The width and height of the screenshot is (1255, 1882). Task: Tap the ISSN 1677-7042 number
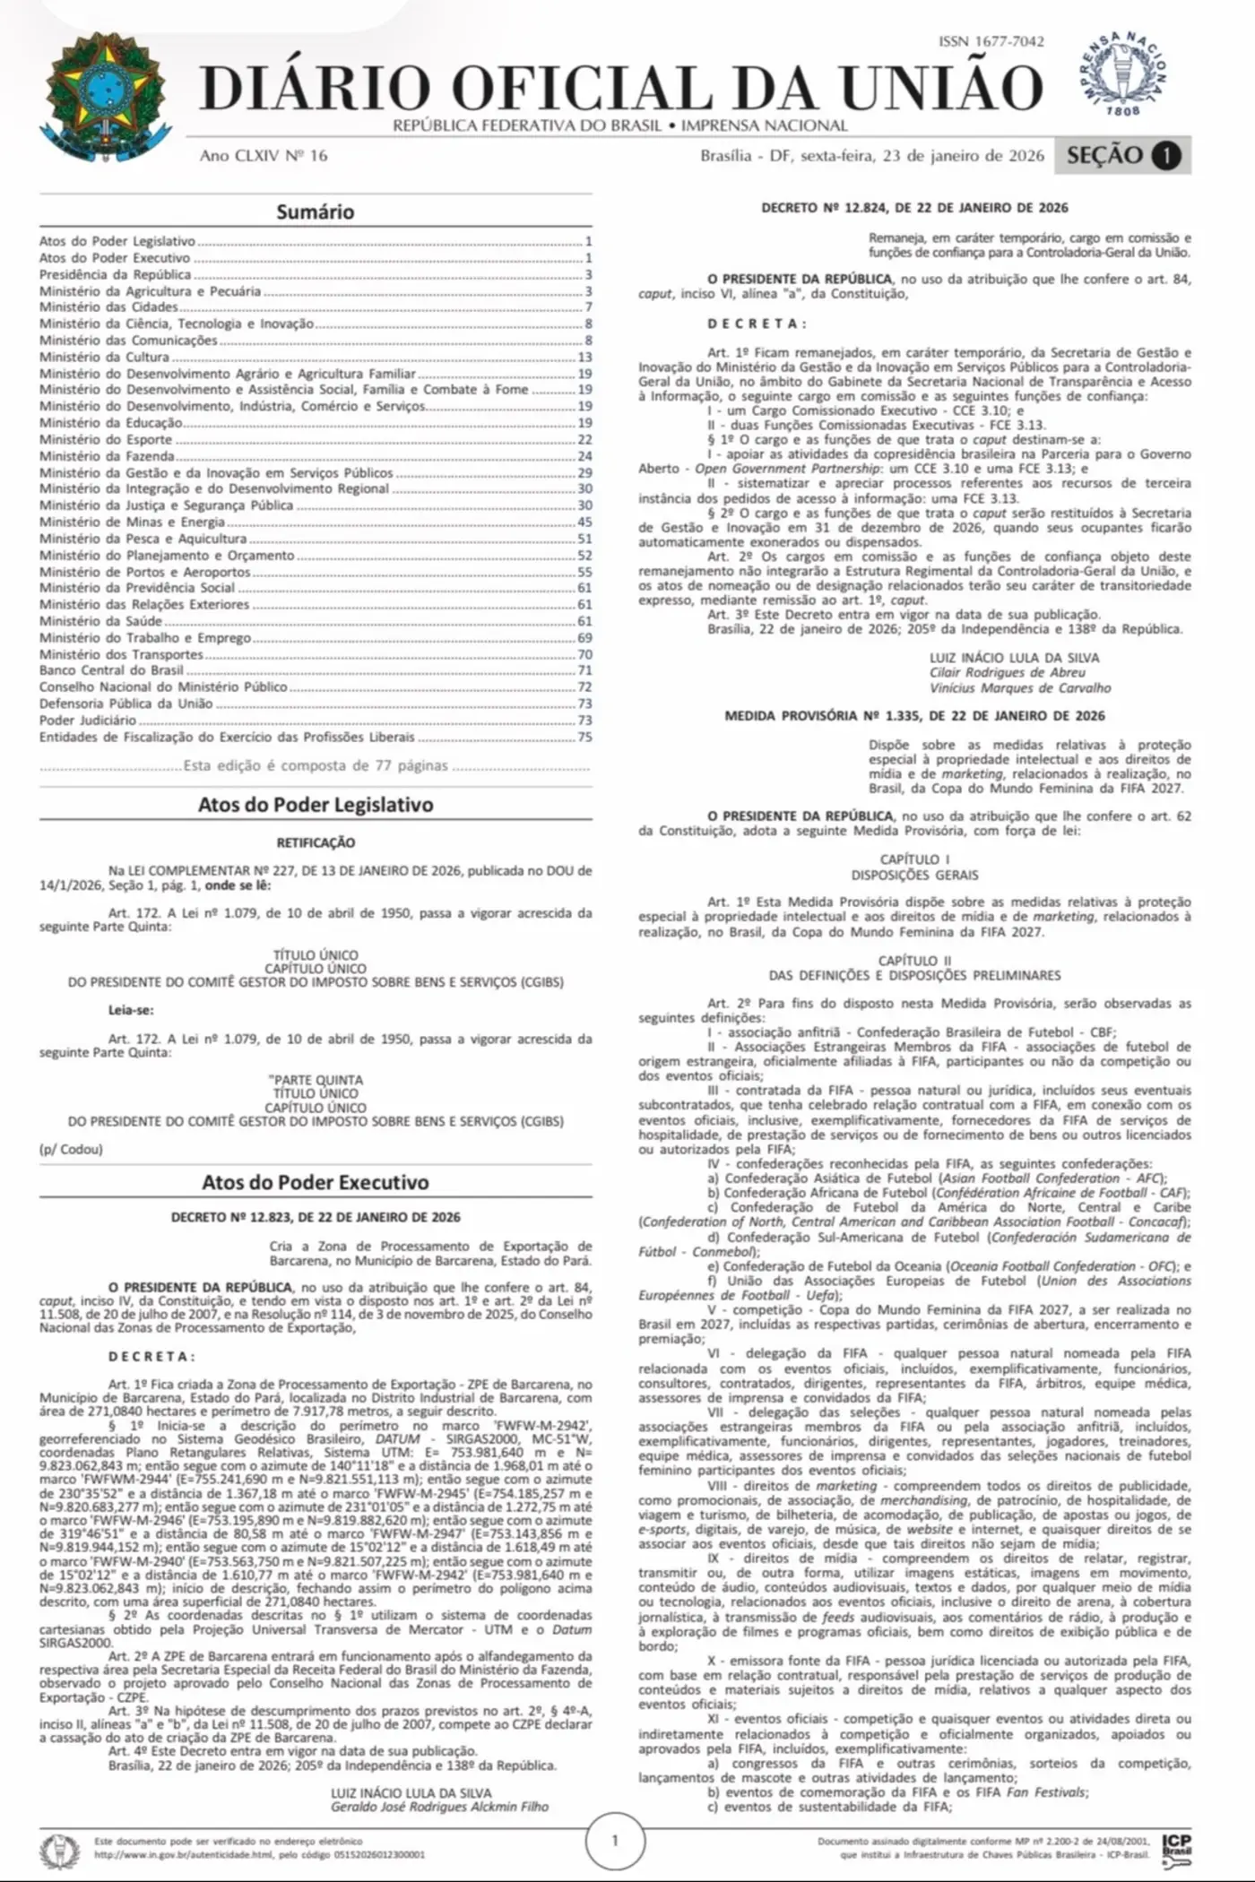coord(991,41)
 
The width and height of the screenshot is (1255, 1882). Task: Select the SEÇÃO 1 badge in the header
coord(1122,155)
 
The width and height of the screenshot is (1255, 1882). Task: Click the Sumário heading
coord(315,212)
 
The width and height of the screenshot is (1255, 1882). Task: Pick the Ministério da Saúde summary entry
coord(100,621)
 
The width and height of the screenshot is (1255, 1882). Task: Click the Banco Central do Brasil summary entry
coord(111,670)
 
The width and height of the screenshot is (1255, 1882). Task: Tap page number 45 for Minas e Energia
coord(584,522)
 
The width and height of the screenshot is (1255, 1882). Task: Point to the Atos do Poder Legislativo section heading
coord(316,805)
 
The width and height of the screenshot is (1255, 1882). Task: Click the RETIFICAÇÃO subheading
coord(316,842)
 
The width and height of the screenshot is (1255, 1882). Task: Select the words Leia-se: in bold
coord(131,1010)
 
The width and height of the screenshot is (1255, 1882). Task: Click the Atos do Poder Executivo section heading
coord(316,1182)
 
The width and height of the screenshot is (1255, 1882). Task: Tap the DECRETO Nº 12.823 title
coord(316,1217)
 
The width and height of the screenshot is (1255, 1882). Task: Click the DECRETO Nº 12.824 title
coord(914,208)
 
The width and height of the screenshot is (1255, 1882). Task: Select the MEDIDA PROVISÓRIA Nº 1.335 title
coord(914,716)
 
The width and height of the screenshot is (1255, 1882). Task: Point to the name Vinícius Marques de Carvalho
coord(1020,688)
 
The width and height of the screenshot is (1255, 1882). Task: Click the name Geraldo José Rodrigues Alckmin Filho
coord(439,1807)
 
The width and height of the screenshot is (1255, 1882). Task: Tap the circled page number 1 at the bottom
coord(615,1841)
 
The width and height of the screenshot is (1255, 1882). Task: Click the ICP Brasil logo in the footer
coord(1176,1846)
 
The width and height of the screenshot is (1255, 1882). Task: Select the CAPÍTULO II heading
coord(914,961)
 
